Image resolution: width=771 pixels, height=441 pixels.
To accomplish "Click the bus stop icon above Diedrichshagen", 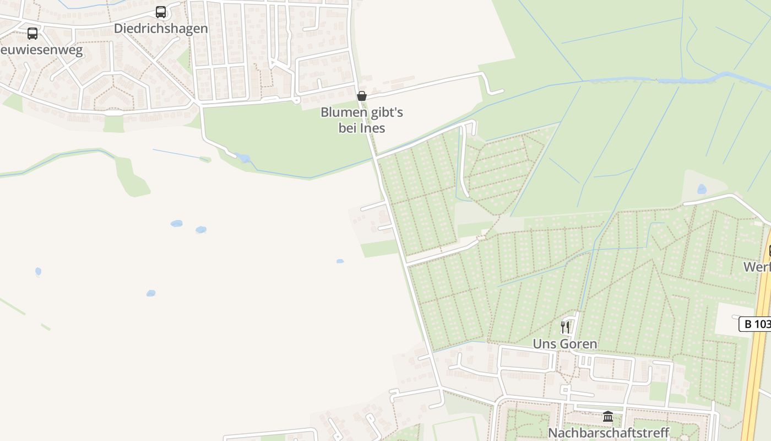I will [x=161, y=12].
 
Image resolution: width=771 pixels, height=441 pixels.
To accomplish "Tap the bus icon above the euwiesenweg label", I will [x=32, y=34].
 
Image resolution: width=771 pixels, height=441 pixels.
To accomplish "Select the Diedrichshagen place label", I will [x=161, y=29].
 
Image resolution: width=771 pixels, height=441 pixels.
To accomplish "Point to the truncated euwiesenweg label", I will [x=41, y=51].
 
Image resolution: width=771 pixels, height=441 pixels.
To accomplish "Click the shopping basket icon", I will [x=362, y=96].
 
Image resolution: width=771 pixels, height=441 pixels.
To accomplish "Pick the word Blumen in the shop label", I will [x=341, y=112].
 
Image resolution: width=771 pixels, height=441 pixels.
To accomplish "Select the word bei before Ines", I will [x=348, y=128].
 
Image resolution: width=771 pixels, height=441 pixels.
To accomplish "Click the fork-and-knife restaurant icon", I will [x=565, y=327].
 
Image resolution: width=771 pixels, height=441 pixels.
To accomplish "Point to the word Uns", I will [x=543, y=344].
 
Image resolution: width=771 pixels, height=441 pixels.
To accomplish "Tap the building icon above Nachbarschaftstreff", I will [x=608, y=417].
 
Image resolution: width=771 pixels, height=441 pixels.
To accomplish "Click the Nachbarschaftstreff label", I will [x=608, y=433].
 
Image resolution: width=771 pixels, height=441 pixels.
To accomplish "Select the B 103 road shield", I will [x=756, y=324].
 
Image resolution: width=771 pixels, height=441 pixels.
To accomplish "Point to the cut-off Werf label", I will [x=757, y=267].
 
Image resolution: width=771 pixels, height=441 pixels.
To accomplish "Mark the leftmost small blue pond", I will [x=38, y=271].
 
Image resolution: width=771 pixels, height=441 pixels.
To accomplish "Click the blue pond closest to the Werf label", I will [x=702, y=189].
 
